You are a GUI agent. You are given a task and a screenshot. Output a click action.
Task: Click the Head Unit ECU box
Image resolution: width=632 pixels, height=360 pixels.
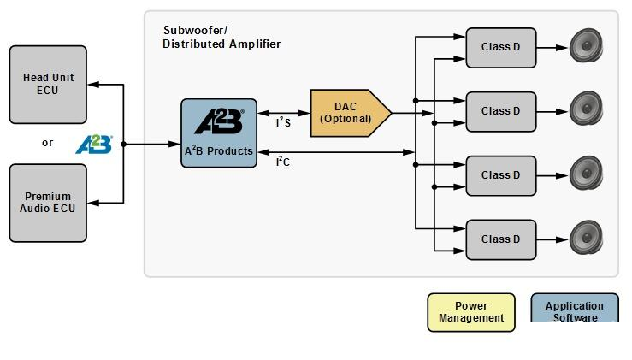(x=48, y=85)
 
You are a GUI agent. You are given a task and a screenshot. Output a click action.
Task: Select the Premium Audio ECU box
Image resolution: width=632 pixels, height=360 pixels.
(x=48, y=203)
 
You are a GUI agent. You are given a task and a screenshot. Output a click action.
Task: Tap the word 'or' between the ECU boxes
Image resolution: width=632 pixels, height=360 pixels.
(x=47, y=143)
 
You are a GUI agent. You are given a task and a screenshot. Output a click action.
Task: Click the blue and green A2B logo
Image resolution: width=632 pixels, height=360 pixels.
(x=94, y=145)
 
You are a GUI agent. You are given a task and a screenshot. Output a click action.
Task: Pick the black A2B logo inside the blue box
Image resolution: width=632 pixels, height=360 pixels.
(x=219, y=121)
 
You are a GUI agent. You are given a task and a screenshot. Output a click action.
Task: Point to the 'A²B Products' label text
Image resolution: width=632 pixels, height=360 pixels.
(x=219, y=150)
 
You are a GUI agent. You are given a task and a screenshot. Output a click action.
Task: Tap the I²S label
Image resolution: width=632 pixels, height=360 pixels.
(x=283, y=122)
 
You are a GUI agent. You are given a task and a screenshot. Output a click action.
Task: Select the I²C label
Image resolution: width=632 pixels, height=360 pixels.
(x=283, y=162)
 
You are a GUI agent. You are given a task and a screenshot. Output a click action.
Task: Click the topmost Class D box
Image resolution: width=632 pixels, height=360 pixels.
(x=501, y=48)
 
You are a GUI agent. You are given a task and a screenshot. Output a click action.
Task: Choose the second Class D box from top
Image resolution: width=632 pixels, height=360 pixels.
(x=501, y=112)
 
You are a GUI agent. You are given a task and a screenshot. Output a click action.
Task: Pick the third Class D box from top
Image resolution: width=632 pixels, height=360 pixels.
(x=501, y=176)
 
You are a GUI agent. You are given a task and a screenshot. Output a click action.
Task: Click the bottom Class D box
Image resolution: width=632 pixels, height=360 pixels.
(x=501, y=240)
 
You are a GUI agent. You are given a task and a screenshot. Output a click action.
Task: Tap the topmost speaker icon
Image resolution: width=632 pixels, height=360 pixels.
(x=586, y=45)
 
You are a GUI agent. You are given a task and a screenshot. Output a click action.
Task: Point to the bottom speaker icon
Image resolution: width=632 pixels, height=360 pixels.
(x=586, y=238)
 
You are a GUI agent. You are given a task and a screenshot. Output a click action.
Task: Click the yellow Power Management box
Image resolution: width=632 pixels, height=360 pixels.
(x=471, y=312)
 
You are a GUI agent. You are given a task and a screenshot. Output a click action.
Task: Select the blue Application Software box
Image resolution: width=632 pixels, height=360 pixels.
(x=575, y=308)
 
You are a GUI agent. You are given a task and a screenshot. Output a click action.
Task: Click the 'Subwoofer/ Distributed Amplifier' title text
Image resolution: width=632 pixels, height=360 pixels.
(x=221, y=37)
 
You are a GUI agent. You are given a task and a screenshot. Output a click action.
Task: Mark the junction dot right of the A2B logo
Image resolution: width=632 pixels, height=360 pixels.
(x=123, y=144)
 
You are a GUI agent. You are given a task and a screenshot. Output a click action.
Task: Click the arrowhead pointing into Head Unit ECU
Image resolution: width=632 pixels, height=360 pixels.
(x=93, y=85)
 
